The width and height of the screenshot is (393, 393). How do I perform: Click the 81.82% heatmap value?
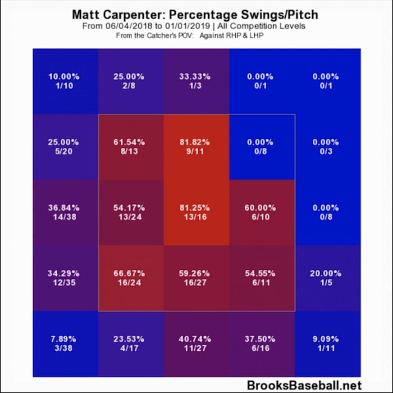click(x=196, y=142)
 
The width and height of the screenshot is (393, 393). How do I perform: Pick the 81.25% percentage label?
click(x=196, y=207)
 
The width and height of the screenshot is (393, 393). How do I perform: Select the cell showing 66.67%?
click(x=131, y=278)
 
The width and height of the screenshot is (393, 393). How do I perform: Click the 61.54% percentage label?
click(x=131, y=142)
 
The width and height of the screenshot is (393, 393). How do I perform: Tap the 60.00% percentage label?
click(x=261, y=207)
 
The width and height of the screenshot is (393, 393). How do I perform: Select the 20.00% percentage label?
click(x=325, y=273)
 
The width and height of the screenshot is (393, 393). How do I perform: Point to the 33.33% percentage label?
click(x=196, y=76)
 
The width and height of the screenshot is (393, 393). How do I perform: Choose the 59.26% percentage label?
click(x=196, y=273)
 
